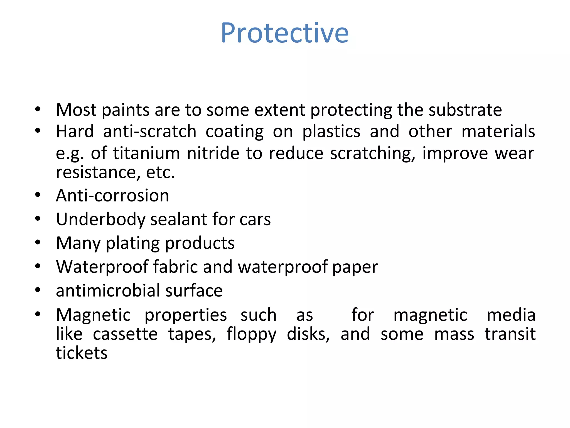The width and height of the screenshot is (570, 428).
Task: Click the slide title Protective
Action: point(284,33)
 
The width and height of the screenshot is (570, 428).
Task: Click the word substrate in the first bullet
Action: point(465,110)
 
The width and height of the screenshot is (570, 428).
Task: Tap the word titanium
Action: point(146,153)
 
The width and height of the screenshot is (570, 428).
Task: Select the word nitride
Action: point(213,153)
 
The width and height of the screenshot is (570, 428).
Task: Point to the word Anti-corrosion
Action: point(112,195)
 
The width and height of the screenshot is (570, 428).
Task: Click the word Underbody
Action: point(100,219)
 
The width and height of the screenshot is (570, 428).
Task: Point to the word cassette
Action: point(125,334)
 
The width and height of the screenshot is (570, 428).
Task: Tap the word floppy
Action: point(251,334)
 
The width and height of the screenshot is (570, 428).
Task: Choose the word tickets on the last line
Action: point(82,353)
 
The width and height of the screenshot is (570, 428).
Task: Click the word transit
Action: point(510,334)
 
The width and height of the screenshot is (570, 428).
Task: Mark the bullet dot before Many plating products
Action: point(38,243)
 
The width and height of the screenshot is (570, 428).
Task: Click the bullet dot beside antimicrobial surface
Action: point(38,290)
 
